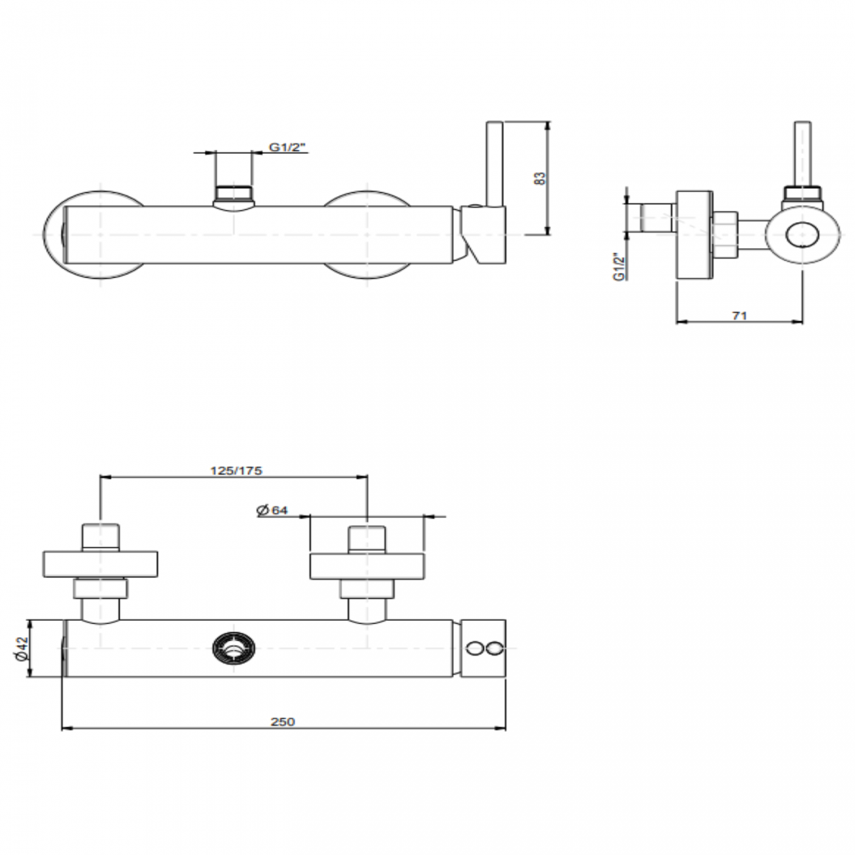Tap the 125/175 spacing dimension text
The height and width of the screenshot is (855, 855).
click(x=235, y=470)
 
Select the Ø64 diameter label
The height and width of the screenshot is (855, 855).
click(x=273, y=510)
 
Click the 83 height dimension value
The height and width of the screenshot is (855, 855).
click(x=540, y=178)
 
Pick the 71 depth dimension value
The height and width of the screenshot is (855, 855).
click(x=739, y=316)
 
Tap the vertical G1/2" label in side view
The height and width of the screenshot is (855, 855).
click(x=618, y=266)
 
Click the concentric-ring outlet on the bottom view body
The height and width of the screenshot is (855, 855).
click(x=233, y=648)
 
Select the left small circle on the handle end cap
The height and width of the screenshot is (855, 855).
click(x=474, y=649)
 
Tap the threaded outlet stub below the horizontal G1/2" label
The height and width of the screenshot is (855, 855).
click(x=233, y=194)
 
